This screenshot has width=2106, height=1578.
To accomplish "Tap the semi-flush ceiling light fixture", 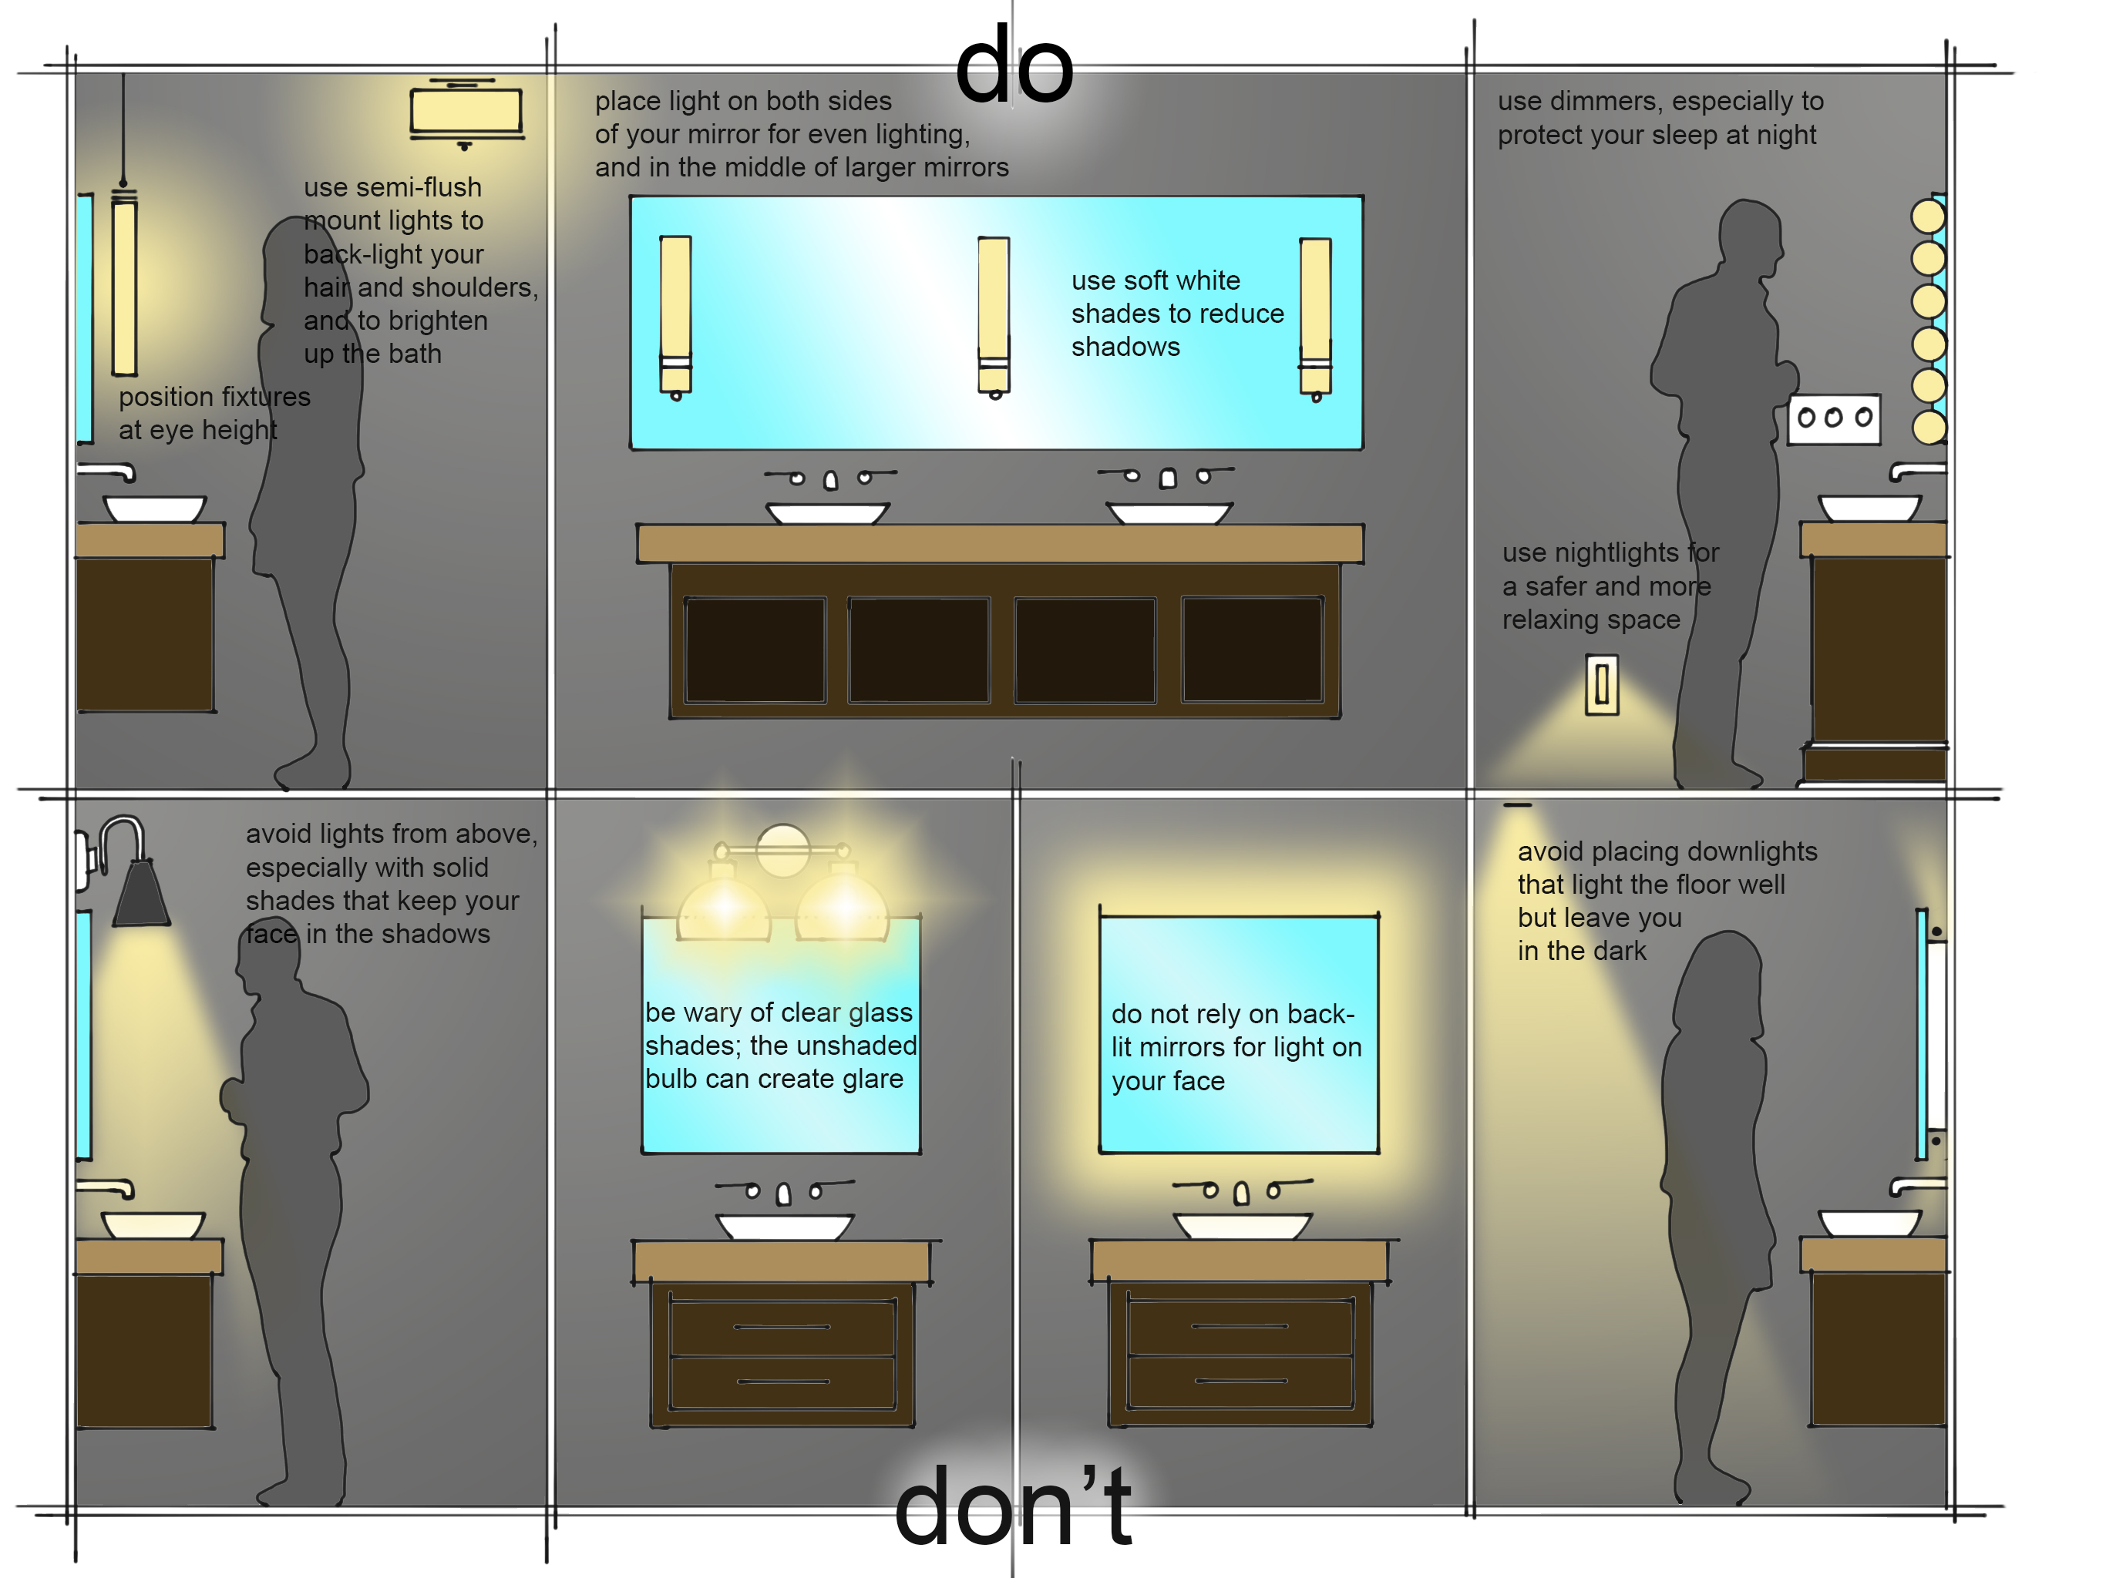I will pos(466,112).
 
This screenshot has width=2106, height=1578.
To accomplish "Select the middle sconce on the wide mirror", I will pos(993,315).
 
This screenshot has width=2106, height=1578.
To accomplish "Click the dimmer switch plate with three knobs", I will pos(1834,418).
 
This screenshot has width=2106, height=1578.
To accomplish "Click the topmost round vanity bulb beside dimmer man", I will pos(1928,216).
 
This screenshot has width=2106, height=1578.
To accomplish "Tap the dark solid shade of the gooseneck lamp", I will pos(141,895).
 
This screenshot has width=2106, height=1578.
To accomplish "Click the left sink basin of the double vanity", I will pos(827,514).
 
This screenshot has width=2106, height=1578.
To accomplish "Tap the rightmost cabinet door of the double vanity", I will pos(1252,650).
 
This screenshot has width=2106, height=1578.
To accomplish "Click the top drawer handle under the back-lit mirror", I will pos(1239,1327).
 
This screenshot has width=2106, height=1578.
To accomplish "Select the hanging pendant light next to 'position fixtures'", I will pos(124,286).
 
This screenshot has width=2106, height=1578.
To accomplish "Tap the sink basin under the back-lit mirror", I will pos(1242,1225).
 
